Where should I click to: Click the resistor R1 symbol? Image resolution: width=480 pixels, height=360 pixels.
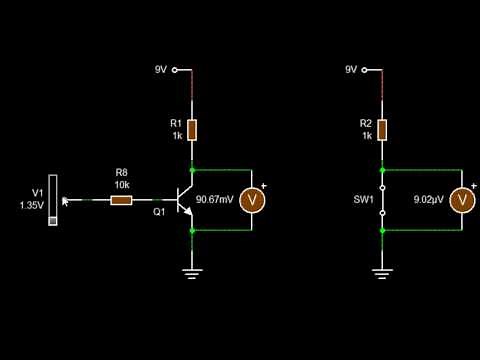pyautogui.click(x=192, y=129)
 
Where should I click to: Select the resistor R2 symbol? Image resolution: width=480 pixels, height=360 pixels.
pyautogui.click(x=383, y=129)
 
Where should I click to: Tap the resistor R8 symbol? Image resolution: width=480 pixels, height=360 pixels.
pyautogui.click(x=121, y=200)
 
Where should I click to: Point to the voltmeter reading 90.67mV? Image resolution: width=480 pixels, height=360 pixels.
pyautogui.click(x=253, y=200)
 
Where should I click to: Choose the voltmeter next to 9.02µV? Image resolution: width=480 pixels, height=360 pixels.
pyautogui.click(x=461, y=200)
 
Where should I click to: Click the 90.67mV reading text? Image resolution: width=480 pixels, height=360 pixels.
pyautogui.click(x=215, y=200)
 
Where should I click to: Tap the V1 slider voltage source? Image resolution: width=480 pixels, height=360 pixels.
pyautogui.click(x=54, y=200)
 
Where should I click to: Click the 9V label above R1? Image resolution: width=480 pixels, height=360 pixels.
pyautogui.click(x=160, y=70)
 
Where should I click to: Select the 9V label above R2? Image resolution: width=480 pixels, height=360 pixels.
pyautogui.click(x=351, y=70)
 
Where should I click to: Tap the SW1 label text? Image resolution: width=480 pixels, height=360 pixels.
pyautogui.click(x=363, y=200)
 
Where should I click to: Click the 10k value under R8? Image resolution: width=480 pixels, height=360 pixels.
pyautogui.click(x=121, y=185)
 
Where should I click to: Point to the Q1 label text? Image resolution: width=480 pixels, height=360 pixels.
pyautogui.click(x=159, y=212)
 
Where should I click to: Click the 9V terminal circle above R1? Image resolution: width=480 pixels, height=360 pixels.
pyautogui.click(x=175, y=70)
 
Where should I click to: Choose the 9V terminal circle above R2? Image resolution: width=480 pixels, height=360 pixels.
pyautogui.click(x=366, y=70)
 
